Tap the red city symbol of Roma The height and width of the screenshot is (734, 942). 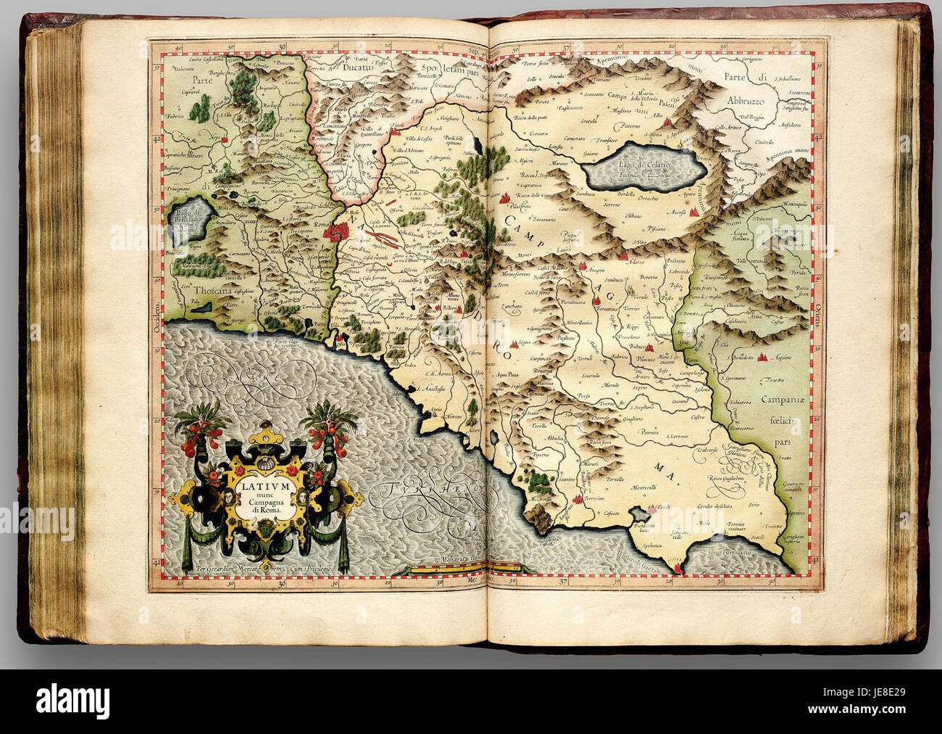pos(335,232)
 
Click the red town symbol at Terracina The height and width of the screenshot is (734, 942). pos(578,499)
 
